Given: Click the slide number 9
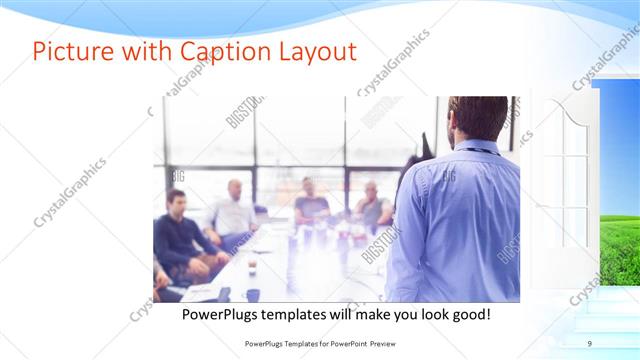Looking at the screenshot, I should [x=589, y=344].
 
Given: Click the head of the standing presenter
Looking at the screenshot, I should [x=477, y=117].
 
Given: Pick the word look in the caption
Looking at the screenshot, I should [x=425, y=315].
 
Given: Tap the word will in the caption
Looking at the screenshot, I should [x=348, y=315].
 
